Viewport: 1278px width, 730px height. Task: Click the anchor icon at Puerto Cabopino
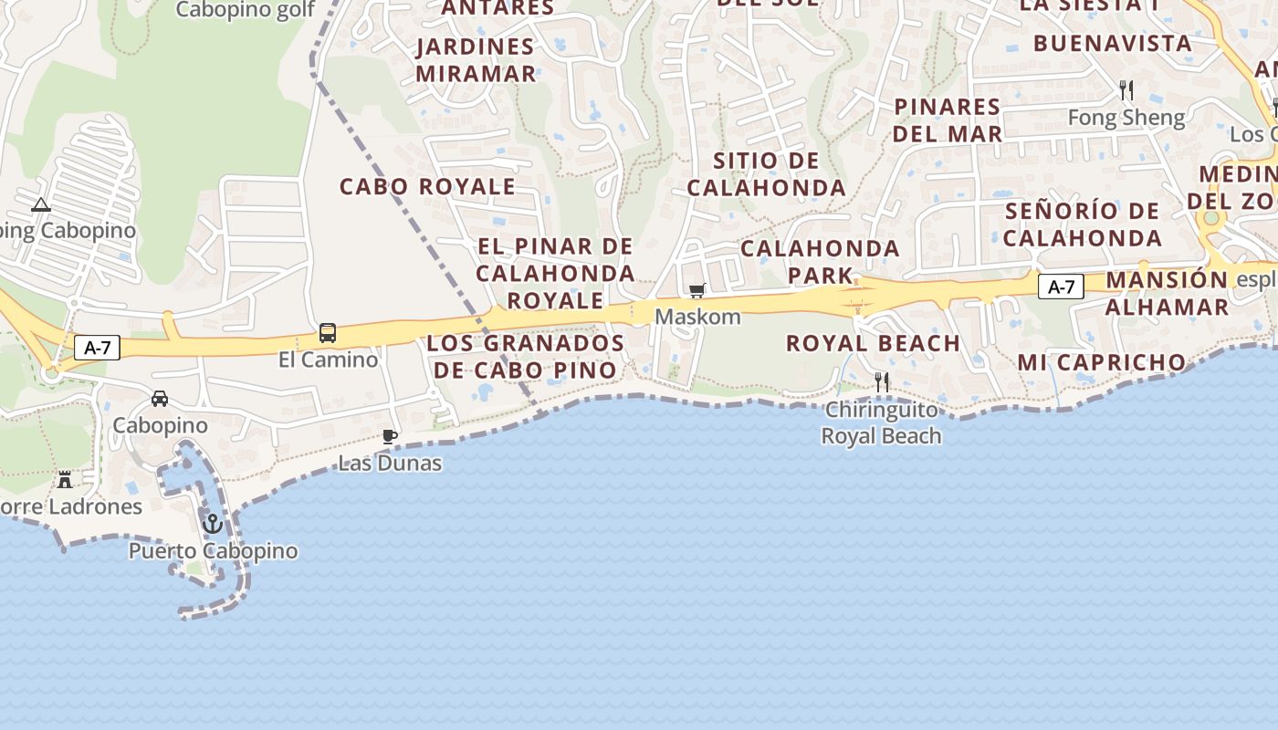213,524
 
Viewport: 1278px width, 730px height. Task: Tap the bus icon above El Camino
328,333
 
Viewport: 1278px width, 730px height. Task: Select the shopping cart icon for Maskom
697,291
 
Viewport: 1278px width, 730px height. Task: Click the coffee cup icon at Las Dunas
390,436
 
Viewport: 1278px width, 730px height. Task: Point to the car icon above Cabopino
160,399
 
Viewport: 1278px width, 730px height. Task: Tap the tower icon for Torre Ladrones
65,479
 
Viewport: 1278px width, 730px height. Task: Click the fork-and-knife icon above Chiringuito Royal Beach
882,382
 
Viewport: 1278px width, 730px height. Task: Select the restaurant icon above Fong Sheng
1126,90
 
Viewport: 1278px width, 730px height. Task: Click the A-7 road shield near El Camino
97,347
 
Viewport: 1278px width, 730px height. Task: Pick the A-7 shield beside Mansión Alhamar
1061,287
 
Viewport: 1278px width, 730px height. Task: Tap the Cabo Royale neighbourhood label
427,186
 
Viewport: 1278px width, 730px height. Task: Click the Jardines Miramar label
476,60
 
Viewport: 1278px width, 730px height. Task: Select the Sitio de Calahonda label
767,174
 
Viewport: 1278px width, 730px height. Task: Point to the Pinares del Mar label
948,120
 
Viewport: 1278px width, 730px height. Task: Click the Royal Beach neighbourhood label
873,343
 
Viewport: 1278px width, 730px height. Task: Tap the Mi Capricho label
1101,362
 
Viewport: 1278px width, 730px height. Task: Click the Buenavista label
1113,43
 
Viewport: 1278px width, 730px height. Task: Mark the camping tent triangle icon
40,204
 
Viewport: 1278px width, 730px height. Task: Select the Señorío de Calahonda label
1083,224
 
